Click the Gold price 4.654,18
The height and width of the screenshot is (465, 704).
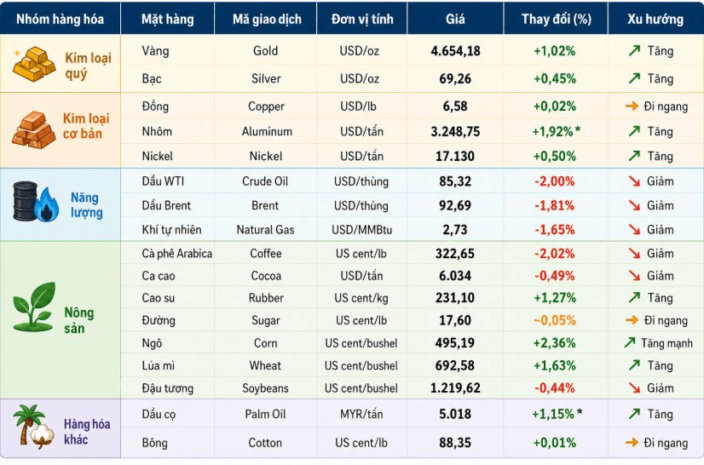pos(455,51)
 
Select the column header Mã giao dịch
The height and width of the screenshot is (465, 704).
pos(267,19)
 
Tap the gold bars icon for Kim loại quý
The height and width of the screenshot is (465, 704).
pos(34,64)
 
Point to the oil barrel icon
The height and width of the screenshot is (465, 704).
pos(26,201)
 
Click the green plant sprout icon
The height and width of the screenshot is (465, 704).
pos(34,307)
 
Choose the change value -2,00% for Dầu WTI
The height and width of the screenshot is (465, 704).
pos(555,181)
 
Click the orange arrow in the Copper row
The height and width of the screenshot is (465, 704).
pos(632,106)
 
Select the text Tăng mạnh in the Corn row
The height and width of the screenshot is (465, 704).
pos(666,343)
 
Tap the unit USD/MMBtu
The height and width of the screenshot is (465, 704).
pos(362,230)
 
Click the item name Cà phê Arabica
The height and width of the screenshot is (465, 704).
pos(177,254)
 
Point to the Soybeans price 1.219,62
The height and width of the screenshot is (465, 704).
pos(455,387)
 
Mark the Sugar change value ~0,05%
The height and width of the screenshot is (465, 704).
pos(555,320)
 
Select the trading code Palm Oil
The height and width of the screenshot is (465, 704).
pos(265,414)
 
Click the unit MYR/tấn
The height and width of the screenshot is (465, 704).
pos(361,414)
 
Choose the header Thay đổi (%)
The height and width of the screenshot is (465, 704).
pos(557,19)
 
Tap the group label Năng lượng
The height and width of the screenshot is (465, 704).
pos(86,204)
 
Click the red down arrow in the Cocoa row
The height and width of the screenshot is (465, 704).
pos(634,275)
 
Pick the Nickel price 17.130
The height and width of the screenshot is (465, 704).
pos(455,156)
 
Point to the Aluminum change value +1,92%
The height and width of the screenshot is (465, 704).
pos(552,131)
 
